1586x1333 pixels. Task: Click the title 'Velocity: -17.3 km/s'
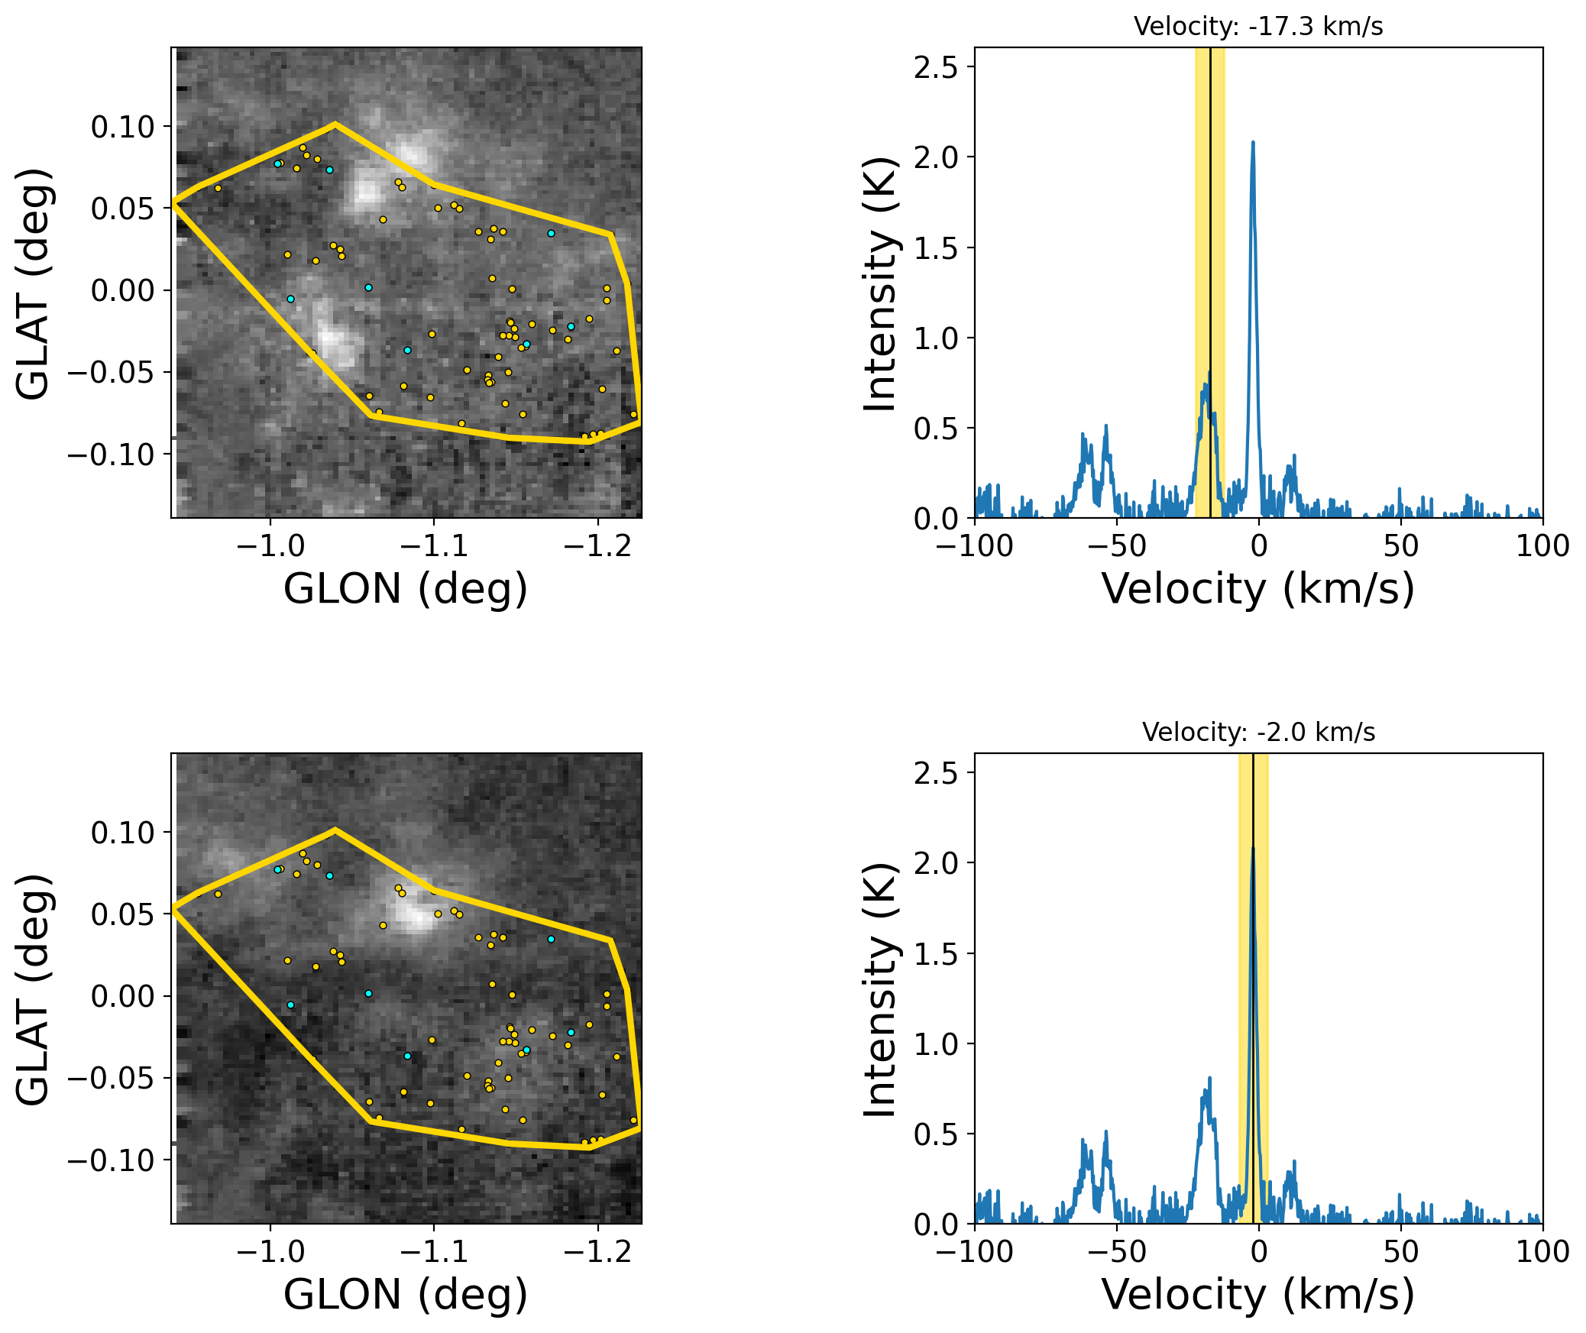click(x=1257, y=27)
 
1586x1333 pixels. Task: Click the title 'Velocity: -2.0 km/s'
click(x=1257, y=733)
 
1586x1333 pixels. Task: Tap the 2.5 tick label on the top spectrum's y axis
click(x=935, y=68)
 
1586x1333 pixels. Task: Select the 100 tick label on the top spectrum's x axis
click(x=1542, y=545)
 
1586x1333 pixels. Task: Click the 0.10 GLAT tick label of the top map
click(x=122, y=127)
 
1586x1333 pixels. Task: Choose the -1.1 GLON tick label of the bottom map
click(x=433, y=1251)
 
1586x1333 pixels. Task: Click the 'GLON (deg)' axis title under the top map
click(x=405, y=589)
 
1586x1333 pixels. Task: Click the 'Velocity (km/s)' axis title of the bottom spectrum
click(x=1257, y=1295)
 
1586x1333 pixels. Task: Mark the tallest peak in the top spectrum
click(x=1253, y=143)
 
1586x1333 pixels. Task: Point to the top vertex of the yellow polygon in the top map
click(x=335, y=123)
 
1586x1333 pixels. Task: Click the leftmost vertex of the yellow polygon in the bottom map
click(x=173, y=908)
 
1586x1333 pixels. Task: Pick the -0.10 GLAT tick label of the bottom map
click(x=111, y=1160)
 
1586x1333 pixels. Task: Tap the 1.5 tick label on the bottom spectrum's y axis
click(x=935, y=954)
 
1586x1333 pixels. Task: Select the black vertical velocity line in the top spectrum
click(x=1210, y=229)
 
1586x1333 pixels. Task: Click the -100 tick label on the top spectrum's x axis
click(x=975, y=545)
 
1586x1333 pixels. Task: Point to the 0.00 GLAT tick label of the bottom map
click(x=122, y=997)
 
